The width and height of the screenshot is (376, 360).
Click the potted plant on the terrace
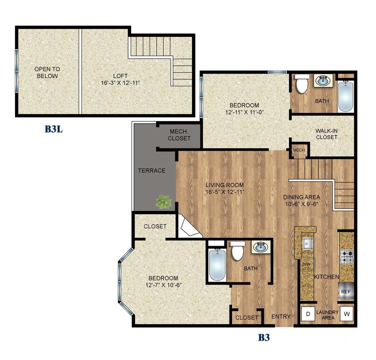[x=163, y=201]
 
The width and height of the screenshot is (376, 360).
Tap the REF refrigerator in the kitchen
[x=346, y=292]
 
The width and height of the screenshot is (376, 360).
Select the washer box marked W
[x=347, y=315]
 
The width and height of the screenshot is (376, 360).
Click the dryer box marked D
[x=307, y=315]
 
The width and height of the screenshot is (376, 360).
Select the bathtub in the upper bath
[x=345, y=96]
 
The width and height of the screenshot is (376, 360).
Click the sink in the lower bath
[x=259, y=247]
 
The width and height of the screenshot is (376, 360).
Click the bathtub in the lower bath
[x=217, y=264]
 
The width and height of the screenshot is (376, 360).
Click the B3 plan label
[x=264, y=338]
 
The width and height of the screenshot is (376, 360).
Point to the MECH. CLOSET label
[x=179, y=135]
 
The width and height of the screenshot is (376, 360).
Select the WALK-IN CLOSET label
[x=326, y=134]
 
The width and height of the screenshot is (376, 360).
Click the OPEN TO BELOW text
[x=47, y=73]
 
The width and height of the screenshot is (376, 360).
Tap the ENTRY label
[x=281, y=316]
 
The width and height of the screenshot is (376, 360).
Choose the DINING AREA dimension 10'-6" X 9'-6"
[x=302, y=203]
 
